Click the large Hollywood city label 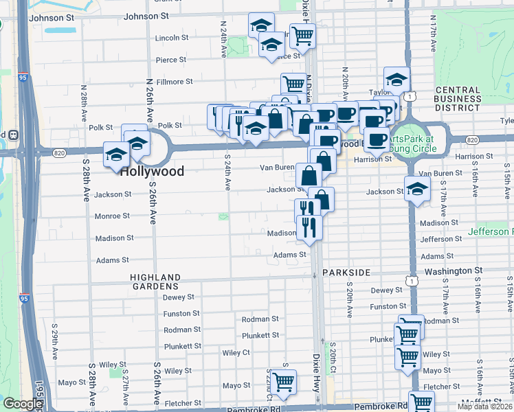coord(152,171)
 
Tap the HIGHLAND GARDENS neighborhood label coord(155,281)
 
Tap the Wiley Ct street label coord(236,352)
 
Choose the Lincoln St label coord(172,38)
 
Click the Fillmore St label coord(174,82)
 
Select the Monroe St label coord(113,216)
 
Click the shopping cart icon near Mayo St coord(282,381)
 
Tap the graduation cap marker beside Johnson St coord(261,25)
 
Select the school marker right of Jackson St coord(417,189)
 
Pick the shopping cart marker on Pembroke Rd coord(421,402)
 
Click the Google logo coord(22,404)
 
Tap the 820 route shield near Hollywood coord(60,152)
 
